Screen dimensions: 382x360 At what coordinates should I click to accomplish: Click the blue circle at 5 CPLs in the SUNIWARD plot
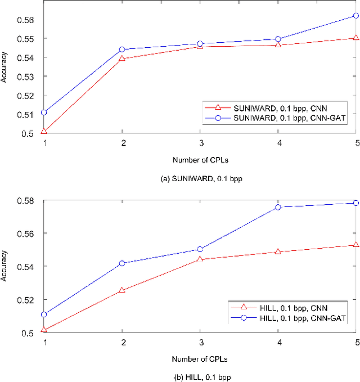(x=355, y=16)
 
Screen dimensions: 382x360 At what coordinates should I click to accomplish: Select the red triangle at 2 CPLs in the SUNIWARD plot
(x=122, y=59)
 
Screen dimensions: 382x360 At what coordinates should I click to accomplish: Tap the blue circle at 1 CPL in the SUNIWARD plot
(x=44, y=113)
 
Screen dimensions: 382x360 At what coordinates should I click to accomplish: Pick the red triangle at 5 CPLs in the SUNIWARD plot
(x=355, y=38)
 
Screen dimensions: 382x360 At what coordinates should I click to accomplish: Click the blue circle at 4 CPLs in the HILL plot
(x=278, y=207)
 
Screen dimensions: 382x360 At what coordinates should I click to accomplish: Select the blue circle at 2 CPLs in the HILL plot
(x=122, y=263)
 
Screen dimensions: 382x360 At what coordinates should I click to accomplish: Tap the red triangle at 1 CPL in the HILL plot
(x=44, y=330)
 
